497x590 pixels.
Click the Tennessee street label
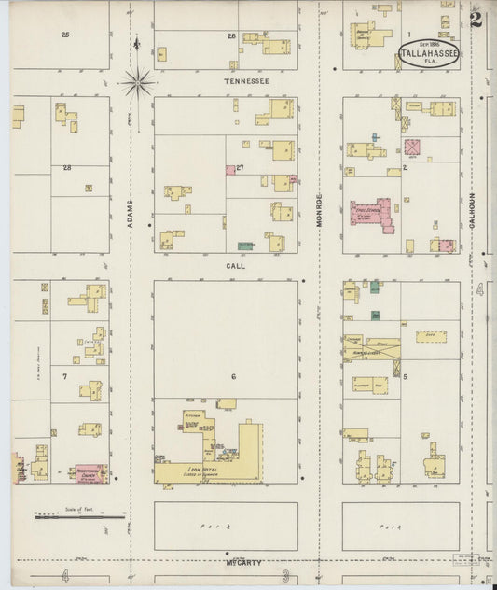point(246,81)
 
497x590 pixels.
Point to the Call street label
point(234,266)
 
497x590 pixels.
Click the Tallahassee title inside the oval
point(429,54)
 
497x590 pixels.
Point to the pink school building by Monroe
point(373,211)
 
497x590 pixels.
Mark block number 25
point(65,35)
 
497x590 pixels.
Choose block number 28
point(67,168)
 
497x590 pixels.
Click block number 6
point(234,376)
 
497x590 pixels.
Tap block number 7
point(64,376)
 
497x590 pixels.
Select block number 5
point(405,376)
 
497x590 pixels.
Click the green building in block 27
point(246,245)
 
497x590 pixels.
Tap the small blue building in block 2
point(376,137)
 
